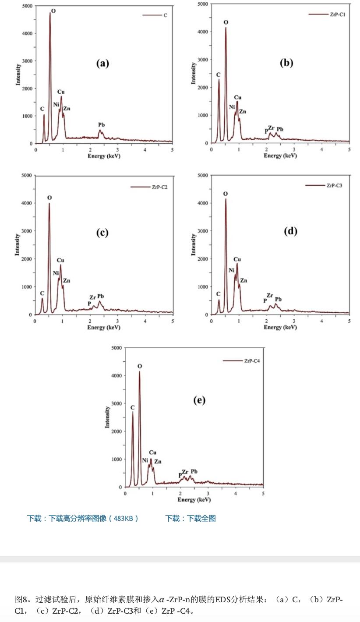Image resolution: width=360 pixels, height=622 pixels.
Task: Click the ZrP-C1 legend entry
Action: [338, 14]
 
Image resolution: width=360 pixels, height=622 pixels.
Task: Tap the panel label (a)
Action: [102, 63]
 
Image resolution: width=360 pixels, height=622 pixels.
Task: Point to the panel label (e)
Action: [199, 400]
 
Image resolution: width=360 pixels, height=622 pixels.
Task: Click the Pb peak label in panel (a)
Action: [102, 125]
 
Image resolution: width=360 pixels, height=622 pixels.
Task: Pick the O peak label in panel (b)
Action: [226, 22]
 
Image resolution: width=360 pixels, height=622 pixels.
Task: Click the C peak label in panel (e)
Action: [133, 407]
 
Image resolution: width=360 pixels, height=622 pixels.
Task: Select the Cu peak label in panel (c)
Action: [60, 260]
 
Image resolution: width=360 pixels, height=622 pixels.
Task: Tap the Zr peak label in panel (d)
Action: [270, 296]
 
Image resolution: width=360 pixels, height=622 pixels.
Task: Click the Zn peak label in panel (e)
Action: [158, 461]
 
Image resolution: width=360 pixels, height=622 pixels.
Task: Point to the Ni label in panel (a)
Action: [56, 104]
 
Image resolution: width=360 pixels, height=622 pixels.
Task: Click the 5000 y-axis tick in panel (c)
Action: [27, 176]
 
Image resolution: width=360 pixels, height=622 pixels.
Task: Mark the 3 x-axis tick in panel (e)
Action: [208, 494]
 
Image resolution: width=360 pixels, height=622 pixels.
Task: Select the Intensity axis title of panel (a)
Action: [18, 74]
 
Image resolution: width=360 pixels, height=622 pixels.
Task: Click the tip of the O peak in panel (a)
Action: [50, 13]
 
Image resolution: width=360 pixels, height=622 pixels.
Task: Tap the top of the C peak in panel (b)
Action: [219, 80]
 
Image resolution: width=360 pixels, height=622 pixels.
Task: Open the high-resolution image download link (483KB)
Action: [83, 518]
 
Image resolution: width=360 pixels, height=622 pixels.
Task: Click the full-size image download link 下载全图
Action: [191, 518]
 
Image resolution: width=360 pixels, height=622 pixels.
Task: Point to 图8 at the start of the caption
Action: [21, 599]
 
